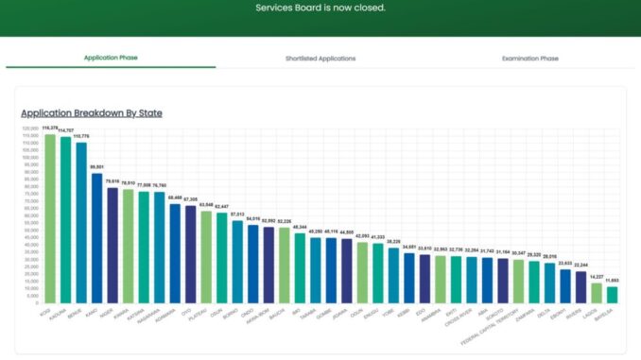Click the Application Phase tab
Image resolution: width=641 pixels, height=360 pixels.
pyautogui.click(x=111, y=58)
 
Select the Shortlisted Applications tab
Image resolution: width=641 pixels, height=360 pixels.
pyautogui.click(x=320, y=59)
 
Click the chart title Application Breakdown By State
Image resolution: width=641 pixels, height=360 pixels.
pyautogui.click(x=92, y=112)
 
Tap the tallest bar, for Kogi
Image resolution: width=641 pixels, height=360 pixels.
pyautogui.click(x=50, y=217)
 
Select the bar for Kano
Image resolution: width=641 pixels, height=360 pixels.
pyautogui.click(x=96, y=236)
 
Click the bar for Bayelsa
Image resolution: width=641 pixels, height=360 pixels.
pyautogui.click(x=612, y=294)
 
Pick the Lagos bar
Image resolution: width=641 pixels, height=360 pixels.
pyautogui.click(x=597, y=292)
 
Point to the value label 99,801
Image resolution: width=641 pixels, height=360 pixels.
pyautogui.click(x=96, y=166)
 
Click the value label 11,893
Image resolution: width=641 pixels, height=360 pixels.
pyautogui.click(x=613, y=281)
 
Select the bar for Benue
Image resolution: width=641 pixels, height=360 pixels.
pyautogui.click(x=81, y=222)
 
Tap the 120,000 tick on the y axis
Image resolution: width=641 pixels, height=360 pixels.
pyautogui.click(x=30, y=128)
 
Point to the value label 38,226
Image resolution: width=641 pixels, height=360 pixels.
pyautogui.click(x=394, y=242)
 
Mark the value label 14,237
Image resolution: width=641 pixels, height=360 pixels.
pyautogui.click(x=597, y=277)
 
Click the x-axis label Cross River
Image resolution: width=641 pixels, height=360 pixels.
pyautogui.click(x=458, y=316)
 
